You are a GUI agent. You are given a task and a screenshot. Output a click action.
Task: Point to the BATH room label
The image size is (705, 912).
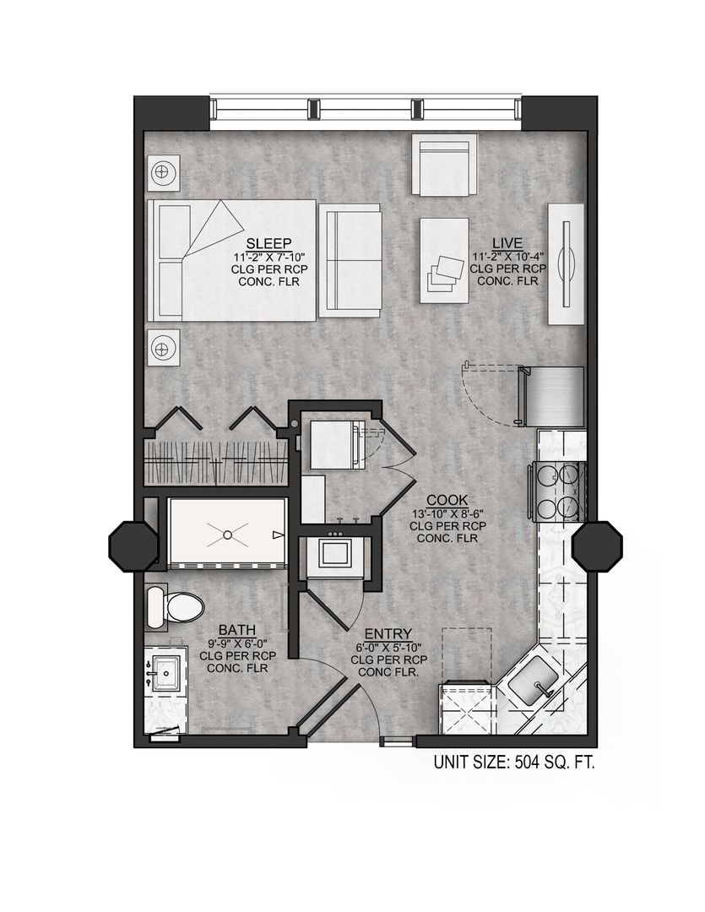point(232,629)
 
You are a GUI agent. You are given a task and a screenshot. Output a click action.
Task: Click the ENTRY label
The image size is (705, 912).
point(388,634)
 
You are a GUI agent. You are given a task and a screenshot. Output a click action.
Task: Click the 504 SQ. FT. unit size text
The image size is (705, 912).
point(514,763)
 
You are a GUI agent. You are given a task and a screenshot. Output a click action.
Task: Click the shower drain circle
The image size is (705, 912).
point(228,534)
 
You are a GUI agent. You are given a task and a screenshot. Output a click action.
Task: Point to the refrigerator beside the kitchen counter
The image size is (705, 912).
point(551,397)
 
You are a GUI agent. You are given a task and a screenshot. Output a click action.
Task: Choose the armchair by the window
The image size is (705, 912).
point(444,165)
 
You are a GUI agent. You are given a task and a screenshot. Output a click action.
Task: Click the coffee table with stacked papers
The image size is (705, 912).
point(444,260)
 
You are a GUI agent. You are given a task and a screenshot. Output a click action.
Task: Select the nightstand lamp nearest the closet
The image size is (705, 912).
point(164,346)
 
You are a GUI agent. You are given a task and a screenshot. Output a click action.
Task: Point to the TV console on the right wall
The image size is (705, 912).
point(567,263)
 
